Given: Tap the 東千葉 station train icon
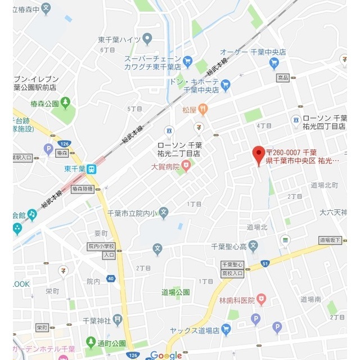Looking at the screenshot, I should click(x=92, y=168).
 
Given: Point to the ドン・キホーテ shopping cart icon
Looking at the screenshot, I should click(x=226, y=85).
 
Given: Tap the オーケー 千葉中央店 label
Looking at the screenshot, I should click(x=260, y=51).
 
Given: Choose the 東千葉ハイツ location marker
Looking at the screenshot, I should click(x=147, y=39).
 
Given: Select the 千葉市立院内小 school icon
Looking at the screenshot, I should click(x=163, y=212).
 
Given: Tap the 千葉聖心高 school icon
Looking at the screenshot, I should click(x=253, y=246).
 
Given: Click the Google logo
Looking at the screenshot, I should click(x=166, y=355).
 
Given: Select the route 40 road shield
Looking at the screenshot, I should click(x=111, y=278).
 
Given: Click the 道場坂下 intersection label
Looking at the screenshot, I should click(x=331, y=240).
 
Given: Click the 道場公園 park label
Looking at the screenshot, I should click(x=175, y=292).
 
